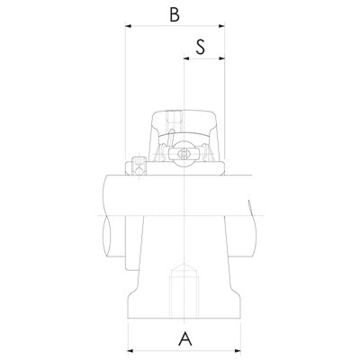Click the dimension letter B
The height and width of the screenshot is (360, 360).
tap(175, 14)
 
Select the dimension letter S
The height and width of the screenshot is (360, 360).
tap(201, 47)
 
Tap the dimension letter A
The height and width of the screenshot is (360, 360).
tap(185, 338)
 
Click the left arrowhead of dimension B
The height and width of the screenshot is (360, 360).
tap(129, 26)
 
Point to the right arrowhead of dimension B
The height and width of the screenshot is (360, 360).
tap(221, 26)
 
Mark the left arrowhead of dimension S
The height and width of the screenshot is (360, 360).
tap(186, 58)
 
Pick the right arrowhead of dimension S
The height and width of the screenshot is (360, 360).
tap(221, 58)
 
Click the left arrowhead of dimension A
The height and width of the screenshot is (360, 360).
tap(131, 351)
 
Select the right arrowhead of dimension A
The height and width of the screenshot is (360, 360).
tap(238, 351)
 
